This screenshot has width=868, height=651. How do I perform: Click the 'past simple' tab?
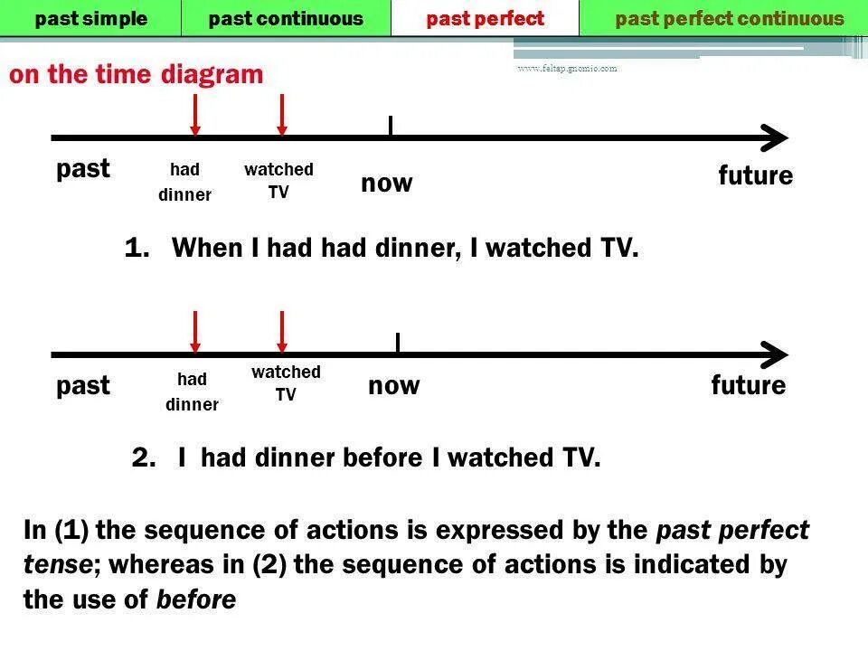[90, 18]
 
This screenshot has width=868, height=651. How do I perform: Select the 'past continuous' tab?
[286, 18]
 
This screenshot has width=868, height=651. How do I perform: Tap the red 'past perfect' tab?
[486, 18]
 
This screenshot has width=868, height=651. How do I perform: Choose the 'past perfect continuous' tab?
[730, 18]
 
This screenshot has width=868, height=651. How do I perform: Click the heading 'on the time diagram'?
[137, 74]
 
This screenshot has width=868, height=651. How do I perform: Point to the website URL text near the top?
[567, 69]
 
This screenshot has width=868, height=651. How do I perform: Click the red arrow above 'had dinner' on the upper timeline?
[194, 115]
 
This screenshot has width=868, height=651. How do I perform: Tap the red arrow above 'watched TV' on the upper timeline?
[282, 115]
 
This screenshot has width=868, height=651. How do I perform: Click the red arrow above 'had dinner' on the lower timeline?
[194, 332]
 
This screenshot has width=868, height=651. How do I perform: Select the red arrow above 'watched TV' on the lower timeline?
[282, 332]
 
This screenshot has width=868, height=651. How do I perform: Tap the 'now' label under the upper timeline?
[387, 184]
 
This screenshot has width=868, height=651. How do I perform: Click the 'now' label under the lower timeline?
[394, 386]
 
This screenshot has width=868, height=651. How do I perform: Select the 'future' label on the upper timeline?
[756, 175]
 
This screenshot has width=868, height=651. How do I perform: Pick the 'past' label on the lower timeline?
[83, 386]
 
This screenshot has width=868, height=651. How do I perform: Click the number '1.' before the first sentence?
[137, 248]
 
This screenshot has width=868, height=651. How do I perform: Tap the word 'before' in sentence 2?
[384, 458]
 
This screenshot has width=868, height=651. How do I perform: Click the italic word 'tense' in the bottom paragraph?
[58, 566]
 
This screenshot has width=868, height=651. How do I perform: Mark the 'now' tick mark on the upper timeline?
[390, 127]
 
